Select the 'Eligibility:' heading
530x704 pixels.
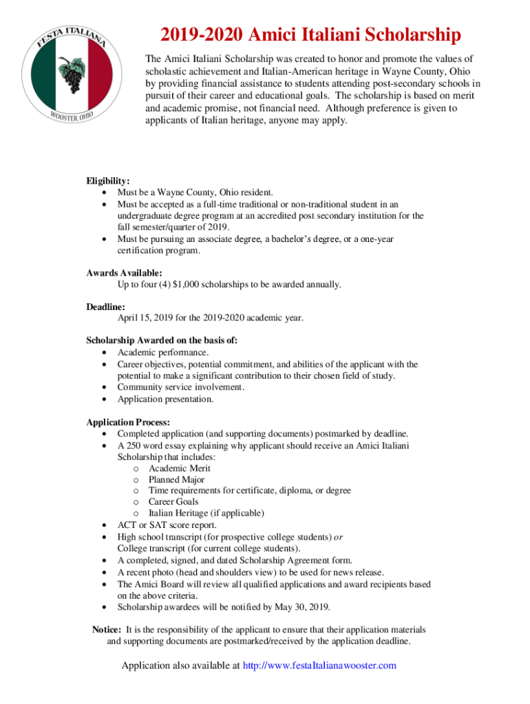coord(108,181)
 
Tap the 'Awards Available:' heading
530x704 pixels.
coord(124,273)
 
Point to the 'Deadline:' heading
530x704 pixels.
coord(105,307)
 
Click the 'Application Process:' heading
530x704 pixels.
coord(128,422)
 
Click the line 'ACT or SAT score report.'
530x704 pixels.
coord(167,525)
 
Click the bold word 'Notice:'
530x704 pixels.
coord(107,630)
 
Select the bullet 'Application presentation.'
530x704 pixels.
coord(165,399)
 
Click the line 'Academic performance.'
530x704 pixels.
coord(162,352)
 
